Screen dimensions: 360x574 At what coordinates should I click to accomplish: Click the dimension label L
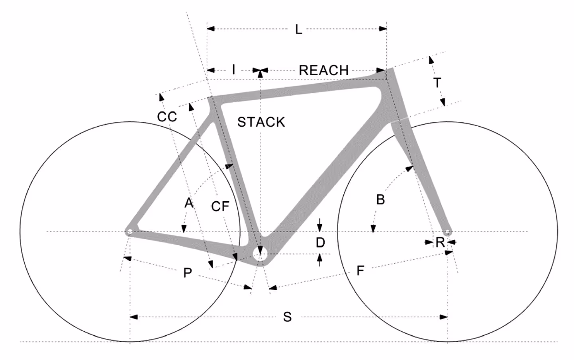click(298, 29)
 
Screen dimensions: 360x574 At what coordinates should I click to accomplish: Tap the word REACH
click(323, 70)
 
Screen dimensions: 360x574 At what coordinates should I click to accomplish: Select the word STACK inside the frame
click(261, 122)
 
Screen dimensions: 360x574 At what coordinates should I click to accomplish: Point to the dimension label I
click(233, 70)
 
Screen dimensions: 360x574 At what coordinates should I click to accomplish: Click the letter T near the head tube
click(437, 83)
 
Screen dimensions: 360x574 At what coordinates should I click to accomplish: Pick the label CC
click(167, 117)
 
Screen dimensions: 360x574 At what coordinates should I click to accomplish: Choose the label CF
click(220, 206)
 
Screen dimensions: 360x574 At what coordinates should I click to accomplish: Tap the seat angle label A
click(188, 203)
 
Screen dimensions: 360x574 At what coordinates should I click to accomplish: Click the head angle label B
click(380, 199)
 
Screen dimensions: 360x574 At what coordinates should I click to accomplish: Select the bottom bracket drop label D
click(320, 242)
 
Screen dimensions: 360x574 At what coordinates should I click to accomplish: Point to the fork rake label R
click(440, 242)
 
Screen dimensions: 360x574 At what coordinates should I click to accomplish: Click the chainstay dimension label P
click(188, 273)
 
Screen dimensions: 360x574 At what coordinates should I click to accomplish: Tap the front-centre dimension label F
click(360, 271)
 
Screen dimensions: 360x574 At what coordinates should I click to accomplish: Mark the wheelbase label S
click(287, 317)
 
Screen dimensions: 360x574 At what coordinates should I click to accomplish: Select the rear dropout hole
click(129, 231)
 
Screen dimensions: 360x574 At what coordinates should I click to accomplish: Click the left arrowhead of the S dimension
click(134, 317)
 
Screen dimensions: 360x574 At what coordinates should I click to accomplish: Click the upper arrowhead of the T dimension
click(431, 60)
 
